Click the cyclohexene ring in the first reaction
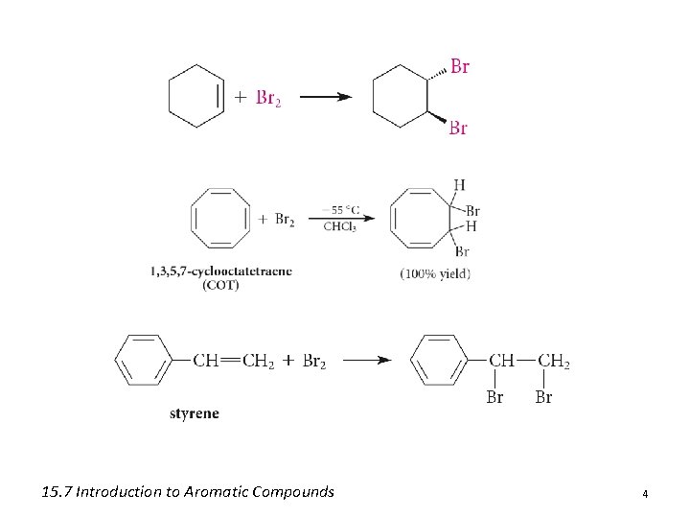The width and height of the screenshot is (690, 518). pyautogui.click(x=195, y=96)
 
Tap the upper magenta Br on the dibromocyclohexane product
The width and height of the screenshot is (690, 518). pyautogui.click(x=460, y=67)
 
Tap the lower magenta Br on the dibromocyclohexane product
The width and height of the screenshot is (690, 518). pyautogui.click(x=458, y=128)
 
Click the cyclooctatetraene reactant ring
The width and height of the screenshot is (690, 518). pyautogui.click(x=220, y=219)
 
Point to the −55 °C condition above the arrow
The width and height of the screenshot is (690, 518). pyautogui.click(x=341, y=208)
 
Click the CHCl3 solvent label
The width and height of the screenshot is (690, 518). pyautogui.click(x=341, y=227)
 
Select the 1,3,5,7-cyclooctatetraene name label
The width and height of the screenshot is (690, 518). pyautogui.click(x=220, y=271)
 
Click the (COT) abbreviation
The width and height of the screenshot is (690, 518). pyautogui.click(x=220, y=285)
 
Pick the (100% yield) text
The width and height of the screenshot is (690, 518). pyautogui.click(x=435, y=273)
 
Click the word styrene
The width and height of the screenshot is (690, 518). pyautogui.click(x=194, y=413)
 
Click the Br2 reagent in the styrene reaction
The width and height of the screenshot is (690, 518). pyautogui.click(x=314, y=362)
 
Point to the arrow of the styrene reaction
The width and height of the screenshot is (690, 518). pyautogui.click(x=368, y=361)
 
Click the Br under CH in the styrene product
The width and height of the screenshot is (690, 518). pyautogui.click(x=494, y=397)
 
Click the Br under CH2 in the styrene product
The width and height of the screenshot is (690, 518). pyautogui.click(x=543, y=397)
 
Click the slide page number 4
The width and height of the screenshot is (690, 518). pyautogui.click(x=645, y=494)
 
